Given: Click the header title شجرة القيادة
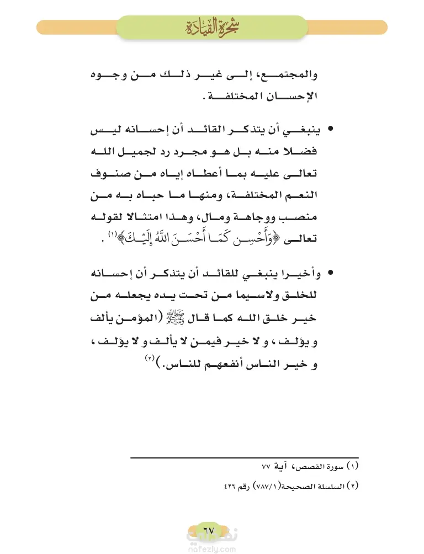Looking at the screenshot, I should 212,26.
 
